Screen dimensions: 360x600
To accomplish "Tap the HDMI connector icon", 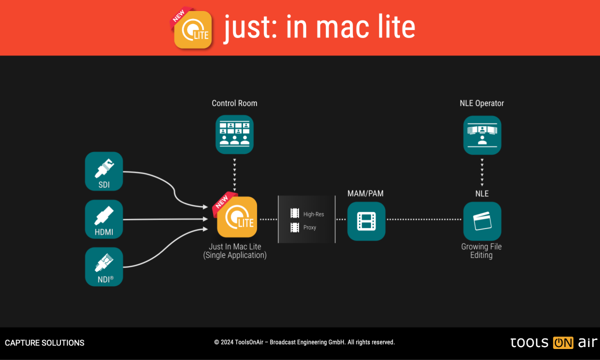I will (104, 219).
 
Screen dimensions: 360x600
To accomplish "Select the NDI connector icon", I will (104, 266).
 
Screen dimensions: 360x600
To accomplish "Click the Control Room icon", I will (234, 134).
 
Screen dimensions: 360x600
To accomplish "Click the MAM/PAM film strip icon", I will (366, 221).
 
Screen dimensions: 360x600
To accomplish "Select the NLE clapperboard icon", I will (482, 221).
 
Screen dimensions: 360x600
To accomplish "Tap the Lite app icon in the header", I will (193, 29).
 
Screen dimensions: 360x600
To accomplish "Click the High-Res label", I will (313, 214).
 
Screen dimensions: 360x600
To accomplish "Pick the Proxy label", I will (310, 227).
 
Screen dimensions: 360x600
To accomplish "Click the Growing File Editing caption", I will (481, 251).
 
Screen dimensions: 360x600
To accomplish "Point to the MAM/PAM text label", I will (366, 193).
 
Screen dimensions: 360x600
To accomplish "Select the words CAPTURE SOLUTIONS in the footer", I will (44, 343).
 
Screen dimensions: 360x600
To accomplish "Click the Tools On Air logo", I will (553, 343).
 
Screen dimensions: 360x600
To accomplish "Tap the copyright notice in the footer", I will (304, 342).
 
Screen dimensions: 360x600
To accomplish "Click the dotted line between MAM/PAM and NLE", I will (424, 219).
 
